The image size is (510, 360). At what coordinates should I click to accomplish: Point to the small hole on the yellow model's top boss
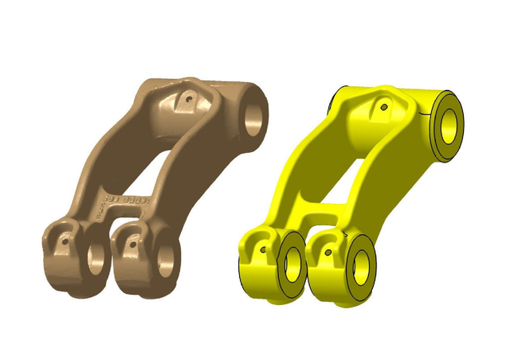(384, 106)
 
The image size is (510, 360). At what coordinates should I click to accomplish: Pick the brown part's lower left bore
(97, 257)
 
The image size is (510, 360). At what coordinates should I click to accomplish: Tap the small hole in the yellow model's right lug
(328, 253)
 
